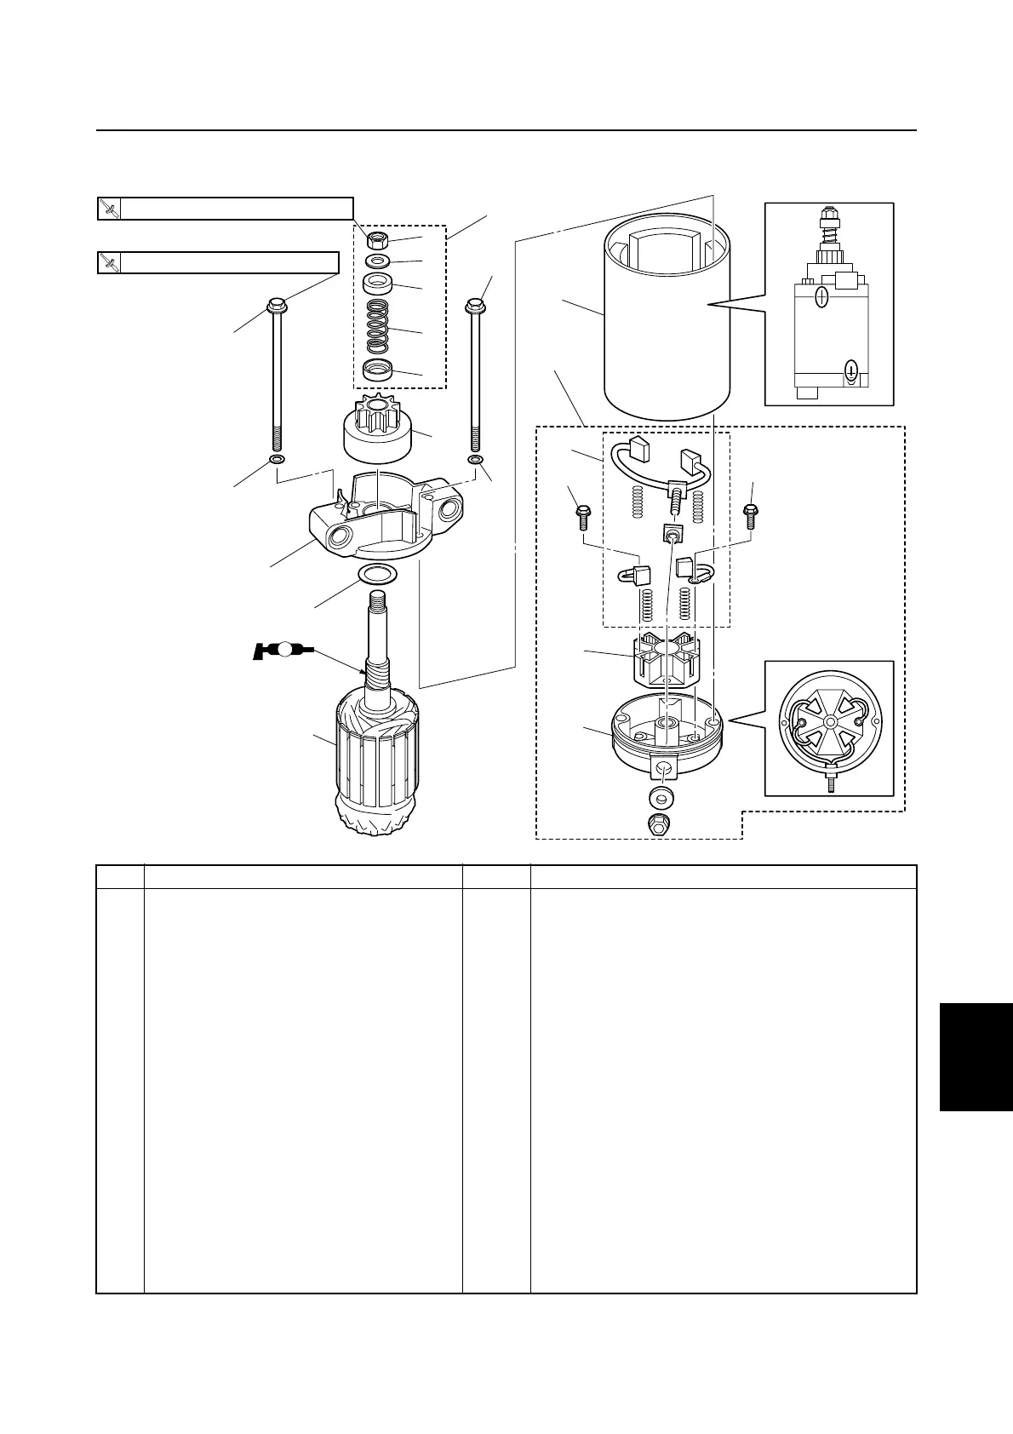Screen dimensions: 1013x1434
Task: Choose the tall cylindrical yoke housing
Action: (x=667, y=324)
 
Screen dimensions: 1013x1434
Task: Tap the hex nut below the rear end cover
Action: (x=659, y=823)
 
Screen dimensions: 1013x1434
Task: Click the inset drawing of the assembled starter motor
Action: (x=829, y=304)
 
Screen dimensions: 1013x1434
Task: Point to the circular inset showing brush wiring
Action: (x=829, y=728)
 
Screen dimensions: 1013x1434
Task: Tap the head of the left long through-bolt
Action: (x=277, y=304)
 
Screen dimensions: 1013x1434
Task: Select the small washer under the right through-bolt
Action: (x=475, y=461)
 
